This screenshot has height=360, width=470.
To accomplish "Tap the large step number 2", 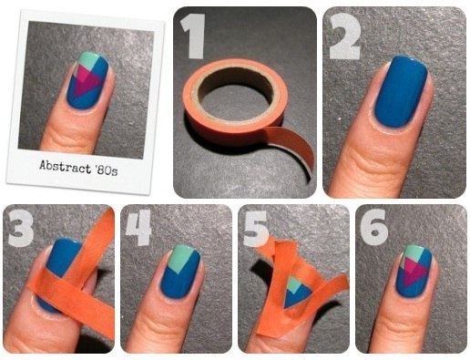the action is (x=345, y=36).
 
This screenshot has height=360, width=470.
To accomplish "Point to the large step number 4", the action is (x=139, y=227).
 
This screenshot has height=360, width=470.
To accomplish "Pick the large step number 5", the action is (x=256, y=228).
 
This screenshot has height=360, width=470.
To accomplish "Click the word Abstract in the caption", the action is (x=65, y=167).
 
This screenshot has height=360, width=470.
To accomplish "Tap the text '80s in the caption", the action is (x=106, y=170).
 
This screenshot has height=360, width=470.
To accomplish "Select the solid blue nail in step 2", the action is (x=401, y=91).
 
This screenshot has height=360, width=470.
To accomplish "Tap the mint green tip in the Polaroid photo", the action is (x=87, y=61).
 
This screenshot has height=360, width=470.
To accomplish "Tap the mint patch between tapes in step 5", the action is (x=293, y=284).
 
